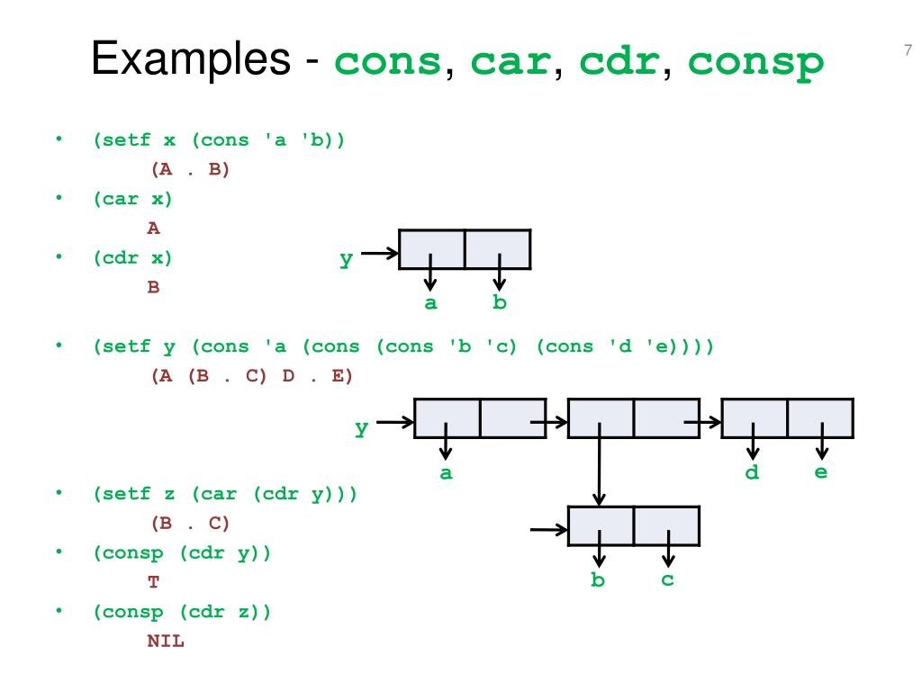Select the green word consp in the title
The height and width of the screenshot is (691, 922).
coord(756,62)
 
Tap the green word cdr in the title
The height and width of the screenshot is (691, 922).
coord(618,62)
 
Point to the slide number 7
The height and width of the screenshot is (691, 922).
coord(907,50)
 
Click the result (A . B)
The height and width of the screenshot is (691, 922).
coord(191,169)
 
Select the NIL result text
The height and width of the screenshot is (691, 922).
coord(166,642)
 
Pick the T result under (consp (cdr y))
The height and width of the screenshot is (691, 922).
coord(154,582)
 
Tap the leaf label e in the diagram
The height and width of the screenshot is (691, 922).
coord(821,471)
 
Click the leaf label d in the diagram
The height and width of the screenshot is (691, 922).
coord(753,472)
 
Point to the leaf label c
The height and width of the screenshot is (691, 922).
coord(667,579)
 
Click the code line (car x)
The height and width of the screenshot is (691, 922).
coord(132,199)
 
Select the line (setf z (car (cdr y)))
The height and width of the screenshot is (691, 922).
coord(225,494)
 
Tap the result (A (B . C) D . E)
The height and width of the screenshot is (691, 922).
coord(252,376)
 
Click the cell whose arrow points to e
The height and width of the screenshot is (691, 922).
coord(820,418)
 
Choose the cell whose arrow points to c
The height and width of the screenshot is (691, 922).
coord(666,525)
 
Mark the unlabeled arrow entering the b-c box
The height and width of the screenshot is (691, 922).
coord(548,529)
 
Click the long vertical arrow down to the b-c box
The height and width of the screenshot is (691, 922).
coord(601,468)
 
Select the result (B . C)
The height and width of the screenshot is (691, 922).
coord(191,523)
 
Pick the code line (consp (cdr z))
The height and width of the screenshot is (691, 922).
coord(182,612)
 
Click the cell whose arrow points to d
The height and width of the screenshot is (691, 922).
coord(755,418)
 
